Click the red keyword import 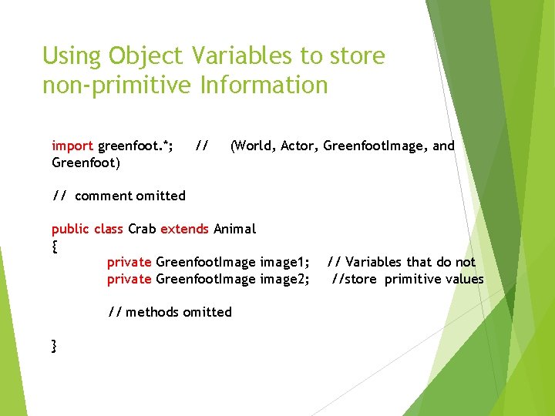tap(72, 146)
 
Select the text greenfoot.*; tap(136, 146)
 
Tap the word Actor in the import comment tap(300, 146)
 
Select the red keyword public tap(71, 229)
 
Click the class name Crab tap(142, 229)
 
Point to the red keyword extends tap(184, 229)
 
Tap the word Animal tap(234, 229)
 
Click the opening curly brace tap(54, 247)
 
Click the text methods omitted tap(179, 312)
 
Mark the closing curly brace tap(54, 346)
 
